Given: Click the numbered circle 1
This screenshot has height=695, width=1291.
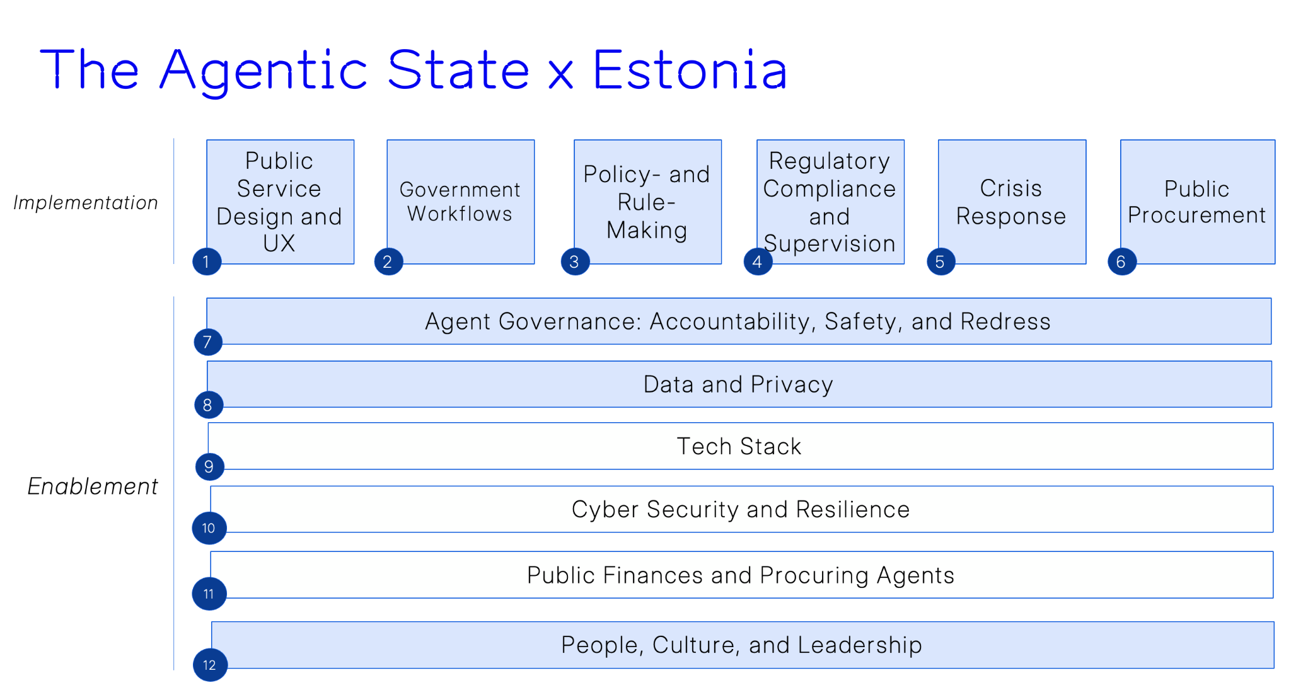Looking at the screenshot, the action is [207, 261].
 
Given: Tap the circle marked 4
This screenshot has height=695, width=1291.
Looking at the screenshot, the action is [758, 261].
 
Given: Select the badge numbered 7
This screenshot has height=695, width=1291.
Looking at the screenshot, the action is [208, 342].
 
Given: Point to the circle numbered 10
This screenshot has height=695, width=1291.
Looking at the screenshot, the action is [209, 527].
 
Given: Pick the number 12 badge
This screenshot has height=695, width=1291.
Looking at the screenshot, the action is [210, 665].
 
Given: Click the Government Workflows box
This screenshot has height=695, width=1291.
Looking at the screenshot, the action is [461, 202].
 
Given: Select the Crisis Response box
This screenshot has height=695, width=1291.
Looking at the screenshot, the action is [1012, 202].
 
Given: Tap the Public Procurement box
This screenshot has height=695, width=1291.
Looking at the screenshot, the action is [1198, 202].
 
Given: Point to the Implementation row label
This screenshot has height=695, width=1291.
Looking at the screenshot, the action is [86, 203].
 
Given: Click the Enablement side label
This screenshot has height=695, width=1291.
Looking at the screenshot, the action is [93, 486].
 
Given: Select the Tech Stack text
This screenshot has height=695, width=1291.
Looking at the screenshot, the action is [739, 446].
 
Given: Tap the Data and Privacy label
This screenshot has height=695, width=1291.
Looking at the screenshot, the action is [738, 384].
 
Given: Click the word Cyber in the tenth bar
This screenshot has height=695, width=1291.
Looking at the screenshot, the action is [605, 510].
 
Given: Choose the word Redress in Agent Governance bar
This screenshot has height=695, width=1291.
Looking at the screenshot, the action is [1005, 321].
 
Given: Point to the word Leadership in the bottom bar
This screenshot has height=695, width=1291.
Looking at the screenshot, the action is [860, 645].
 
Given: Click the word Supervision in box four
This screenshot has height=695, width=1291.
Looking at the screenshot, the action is [830, 244].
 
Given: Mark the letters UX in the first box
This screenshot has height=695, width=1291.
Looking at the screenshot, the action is [279, 243].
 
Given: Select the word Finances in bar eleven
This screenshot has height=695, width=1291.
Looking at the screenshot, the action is [653, 575].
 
